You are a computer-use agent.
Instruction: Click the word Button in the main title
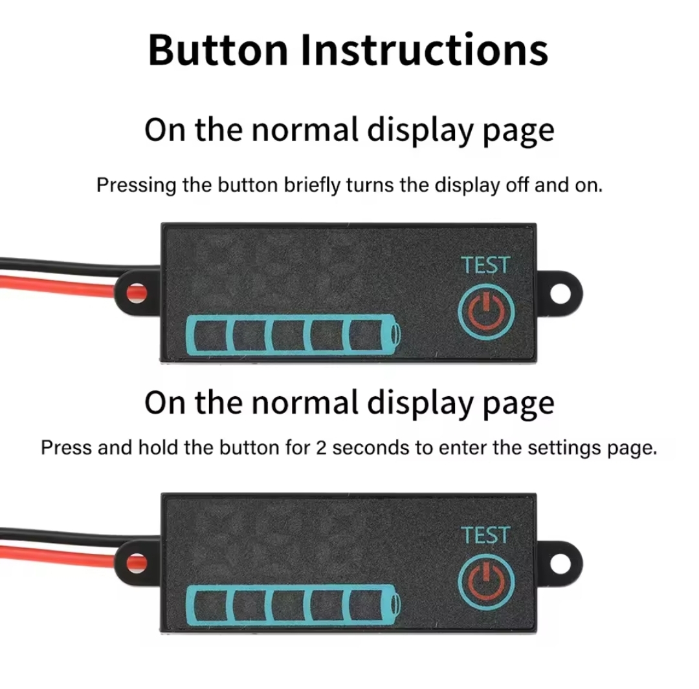point(217,50)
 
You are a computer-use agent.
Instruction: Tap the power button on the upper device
point(486,310)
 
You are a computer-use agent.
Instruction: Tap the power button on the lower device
point(486,580)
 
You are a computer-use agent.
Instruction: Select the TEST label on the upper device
point(485,265)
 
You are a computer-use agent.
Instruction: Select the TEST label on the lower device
point(485,535)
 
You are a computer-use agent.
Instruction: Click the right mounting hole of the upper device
point(560,293)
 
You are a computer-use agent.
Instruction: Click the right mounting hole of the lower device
point(560,562)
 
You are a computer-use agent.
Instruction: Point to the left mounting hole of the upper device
point(137,292)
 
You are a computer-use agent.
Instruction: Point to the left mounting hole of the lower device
point(137,562)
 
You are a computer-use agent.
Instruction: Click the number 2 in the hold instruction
point(321,447)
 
